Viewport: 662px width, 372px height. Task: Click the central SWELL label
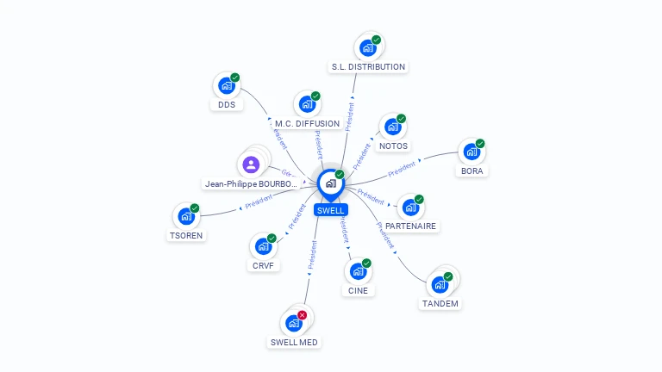(330, 210)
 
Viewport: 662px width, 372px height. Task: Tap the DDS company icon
(226, 86)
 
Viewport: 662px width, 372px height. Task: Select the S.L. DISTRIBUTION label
(368, 66)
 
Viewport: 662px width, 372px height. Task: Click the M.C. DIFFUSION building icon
(307, 105)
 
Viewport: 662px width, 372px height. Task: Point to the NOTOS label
(393, 146)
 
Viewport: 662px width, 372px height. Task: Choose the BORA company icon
(471, 152)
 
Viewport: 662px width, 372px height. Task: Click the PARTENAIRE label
(410, 226)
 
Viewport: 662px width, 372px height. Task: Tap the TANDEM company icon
(440, 283)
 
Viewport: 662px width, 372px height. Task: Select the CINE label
(358, 290)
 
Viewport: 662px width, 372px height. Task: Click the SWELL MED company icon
(293, 324)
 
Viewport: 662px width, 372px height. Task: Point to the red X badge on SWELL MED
(302, 315)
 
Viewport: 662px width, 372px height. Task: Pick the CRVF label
(263, 265)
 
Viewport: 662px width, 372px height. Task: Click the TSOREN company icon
(185, 217)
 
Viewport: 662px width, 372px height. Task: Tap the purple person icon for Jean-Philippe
(251, 164)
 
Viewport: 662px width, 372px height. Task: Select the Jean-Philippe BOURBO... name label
(251, 184)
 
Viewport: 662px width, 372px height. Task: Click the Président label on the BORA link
(401, 169)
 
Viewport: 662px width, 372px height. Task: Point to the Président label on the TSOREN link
(259, 202)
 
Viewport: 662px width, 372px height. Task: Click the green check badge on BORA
(480, 144)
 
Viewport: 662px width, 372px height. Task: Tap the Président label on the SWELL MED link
(312, 256)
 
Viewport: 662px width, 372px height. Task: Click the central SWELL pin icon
(330, 183)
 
